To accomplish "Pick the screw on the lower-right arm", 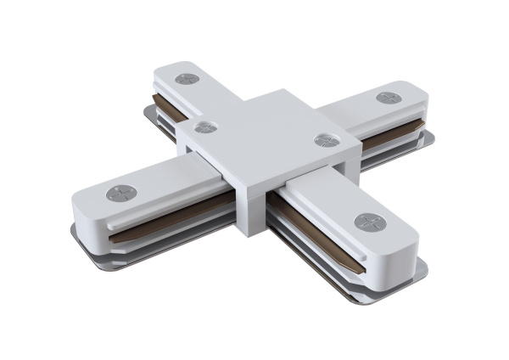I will [368, 222].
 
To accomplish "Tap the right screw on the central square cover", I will [322, 139].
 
